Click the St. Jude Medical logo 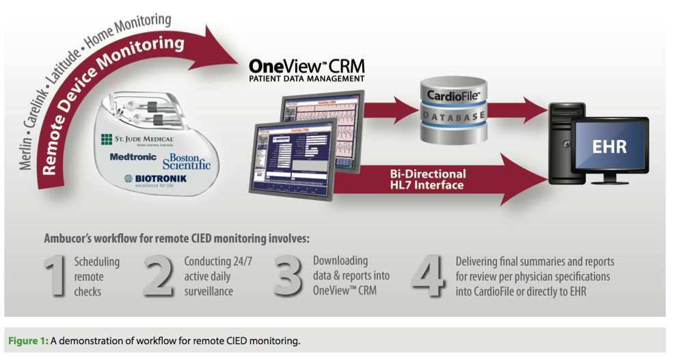(x=137, y=141)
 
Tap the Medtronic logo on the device (x=134, y=157)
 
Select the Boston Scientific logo (x=186, y=161)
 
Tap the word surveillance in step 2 (x=208, y=292)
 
